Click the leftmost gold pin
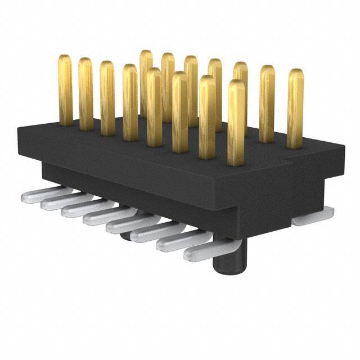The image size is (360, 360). coord(66,90)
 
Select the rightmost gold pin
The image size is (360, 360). coord(295,107)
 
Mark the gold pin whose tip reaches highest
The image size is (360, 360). coord(146,62)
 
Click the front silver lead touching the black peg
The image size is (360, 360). coord(205,250)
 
